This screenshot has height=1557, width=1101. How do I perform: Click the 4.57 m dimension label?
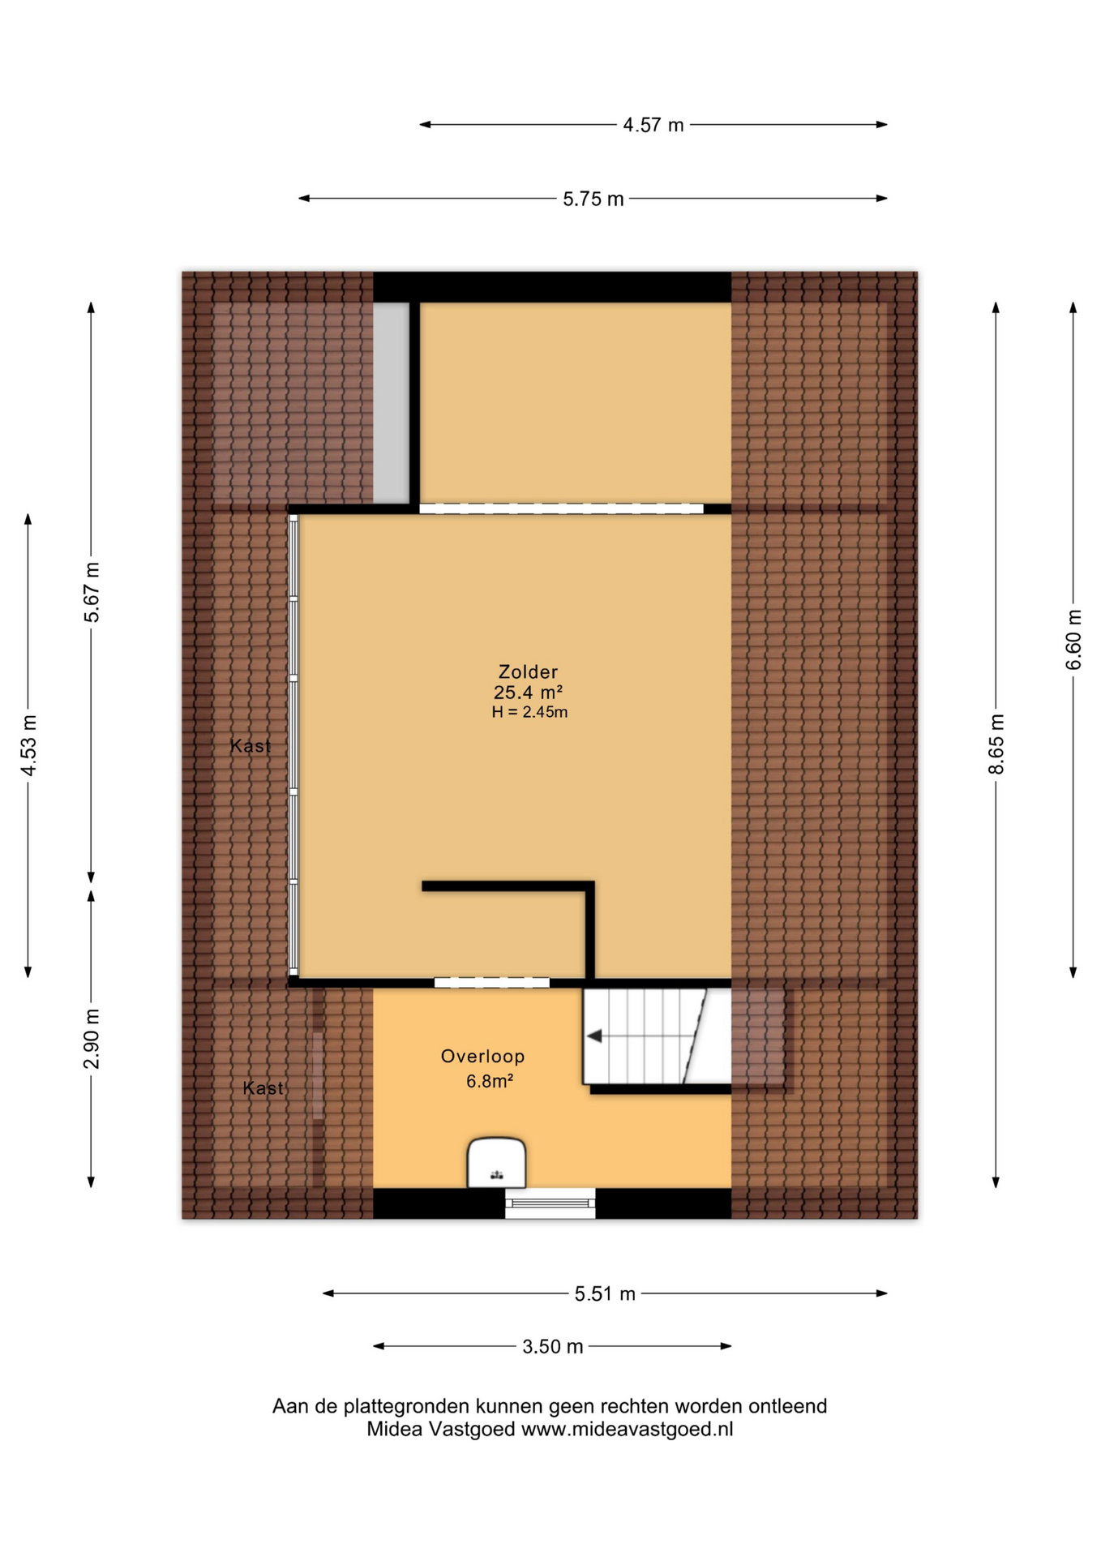[653, 125]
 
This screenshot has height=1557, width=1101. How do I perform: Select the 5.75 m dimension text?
[593, 199]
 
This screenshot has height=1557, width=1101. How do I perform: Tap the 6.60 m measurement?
[1073, 640]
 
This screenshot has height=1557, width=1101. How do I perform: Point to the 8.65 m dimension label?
[996, 744]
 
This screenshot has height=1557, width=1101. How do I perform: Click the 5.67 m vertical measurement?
[92, 592]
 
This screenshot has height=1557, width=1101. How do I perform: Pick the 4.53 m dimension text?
[28, 745]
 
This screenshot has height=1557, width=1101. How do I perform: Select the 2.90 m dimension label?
[92, 1039]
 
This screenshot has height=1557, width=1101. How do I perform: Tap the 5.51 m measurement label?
[605, 1293]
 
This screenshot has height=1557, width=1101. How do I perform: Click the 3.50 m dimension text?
[553, 1346]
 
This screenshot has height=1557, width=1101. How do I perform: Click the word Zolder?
[528, 671]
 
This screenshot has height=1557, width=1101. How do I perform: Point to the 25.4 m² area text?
[528, 692]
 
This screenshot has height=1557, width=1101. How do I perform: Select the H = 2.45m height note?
[529, 712]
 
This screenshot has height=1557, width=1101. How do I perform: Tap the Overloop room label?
[482, 1056]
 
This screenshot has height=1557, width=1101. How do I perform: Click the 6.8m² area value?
[490, 1080]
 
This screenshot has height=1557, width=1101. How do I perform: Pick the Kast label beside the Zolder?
[251, 746]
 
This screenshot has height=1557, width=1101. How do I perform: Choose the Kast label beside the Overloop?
[263, 1088]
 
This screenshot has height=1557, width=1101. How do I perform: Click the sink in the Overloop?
[497, 1163]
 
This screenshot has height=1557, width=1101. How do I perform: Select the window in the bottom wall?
[550, 1203]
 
